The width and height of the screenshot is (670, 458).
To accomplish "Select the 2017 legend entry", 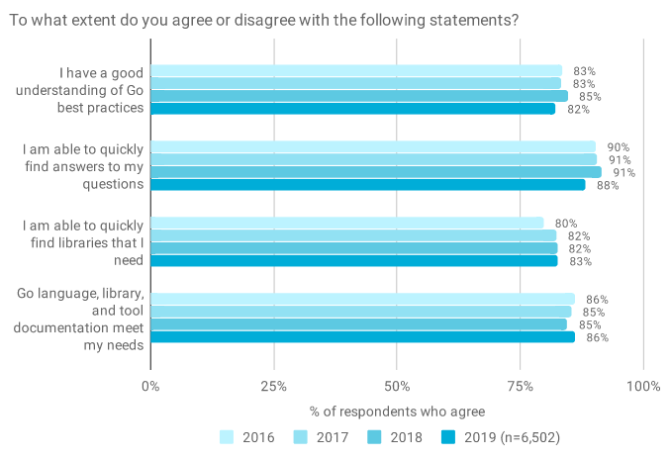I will pyautogui.click(x=322, y=437).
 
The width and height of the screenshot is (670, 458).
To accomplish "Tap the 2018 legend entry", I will pyautogui.click(x=395, y=437).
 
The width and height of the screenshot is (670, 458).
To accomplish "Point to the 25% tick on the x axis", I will pyautogui.click(x=273, y=386).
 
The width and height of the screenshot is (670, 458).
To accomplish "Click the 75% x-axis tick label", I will pyautogui.click(x=521, y=386).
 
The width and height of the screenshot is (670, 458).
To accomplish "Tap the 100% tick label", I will pyautogui.click(x=643, y=386).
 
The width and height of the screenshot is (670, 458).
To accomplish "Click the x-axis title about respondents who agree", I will pyautogui.click(x=397, y=411).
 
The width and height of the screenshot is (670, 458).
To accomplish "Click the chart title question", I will pyautogui.click(x=264, y=20).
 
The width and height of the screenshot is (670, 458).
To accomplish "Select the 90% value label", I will pyautogui.click(x=619, y=147).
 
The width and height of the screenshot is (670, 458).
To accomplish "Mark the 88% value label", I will pyautogui.click(x=608, y=185).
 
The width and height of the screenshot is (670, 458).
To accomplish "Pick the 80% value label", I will pyautogui.click(x=566, y=224).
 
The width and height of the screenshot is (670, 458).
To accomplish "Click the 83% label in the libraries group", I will pyautogui.click(x=580, y=261).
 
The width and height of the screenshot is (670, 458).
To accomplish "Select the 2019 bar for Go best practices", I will pyautogui.click(x=352, y=109).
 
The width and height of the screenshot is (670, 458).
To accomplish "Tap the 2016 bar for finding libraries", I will pyautogui.click(x=346, y=223).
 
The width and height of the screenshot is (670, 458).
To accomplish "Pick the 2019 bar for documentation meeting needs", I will pyautogui.click(x=362, y=337).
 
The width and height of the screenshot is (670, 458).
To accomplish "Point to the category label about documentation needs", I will pyautogui.click(x=82, y=319).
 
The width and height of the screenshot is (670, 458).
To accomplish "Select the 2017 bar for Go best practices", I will pyautogui.click(x=355, y=83).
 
